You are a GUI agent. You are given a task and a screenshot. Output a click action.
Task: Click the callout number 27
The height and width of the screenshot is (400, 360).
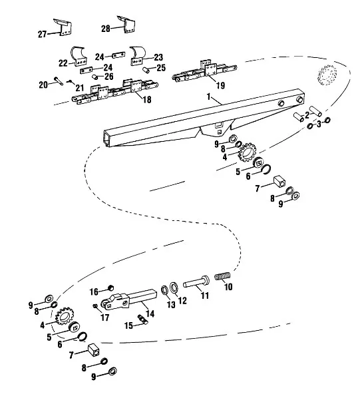42,34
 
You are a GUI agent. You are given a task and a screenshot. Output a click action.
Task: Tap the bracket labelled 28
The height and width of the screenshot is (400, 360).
128,25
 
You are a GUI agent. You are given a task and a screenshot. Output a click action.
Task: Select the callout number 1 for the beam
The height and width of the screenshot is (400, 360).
209,97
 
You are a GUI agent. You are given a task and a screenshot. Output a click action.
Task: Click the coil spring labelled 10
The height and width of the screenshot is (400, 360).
223,276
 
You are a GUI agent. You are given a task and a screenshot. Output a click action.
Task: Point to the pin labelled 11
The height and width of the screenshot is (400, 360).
196,282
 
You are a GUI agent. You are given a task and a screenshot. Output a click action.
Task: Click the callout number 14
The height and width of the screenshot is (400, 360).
150,313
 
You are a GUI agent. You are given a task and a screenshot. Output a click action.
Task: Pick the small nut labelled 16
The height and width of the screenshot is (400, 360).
110,288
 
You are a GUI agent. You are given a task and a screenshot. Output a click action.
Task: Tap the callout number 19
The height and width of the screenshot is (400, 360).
221,85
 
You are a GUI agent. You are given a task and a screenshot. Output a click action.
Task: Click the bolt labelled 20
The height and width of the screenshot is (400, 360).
59,82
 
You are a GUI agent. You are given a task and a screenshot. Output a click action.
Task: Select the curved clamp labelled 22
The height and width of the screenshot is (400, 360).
79,56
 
